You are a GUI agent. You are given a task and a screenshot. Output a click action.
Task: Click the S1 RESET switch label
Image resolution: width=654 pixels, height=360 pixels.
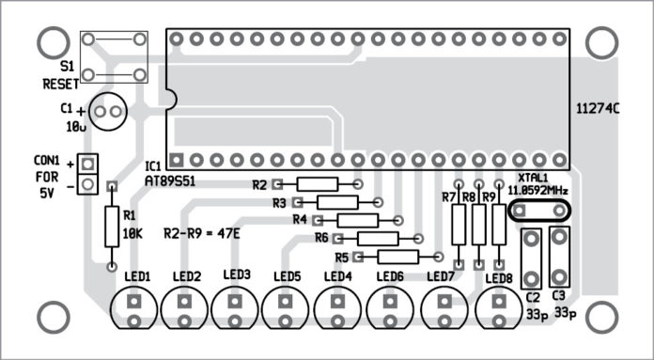coord(62,75)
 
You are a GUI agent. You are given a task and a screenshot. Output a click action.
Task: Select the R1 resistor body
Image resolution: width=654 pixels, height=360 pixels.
coord(112,226)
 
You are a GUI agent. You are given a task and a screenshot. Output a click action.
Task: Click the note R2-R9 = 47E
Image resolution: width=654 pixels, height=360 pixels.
coord(201,232)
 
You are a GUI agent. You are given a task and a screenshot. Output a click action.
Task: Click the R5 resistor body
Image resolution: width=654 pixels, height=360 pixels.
coord(397,257)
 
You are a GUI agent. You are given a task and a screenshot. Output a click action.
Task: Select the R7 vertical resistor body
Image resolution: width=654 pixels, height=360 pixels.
coord(459,225)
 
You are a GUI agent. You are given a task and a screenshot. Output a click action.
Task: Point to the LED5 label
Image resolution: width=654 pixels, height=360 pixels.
coord(288,276)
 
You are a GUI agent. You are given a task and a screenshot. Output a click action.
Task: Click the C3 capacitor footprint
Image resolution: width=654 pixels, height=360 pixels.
coord(559,256)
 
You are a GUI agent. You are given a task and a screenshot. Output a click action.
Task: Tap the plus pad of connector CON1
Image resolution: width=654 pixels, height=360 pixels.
coord(86,162)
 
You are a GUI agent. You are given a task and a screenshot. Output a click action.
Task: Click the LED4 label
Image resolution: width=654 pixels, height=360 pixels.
coord(337,276)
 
